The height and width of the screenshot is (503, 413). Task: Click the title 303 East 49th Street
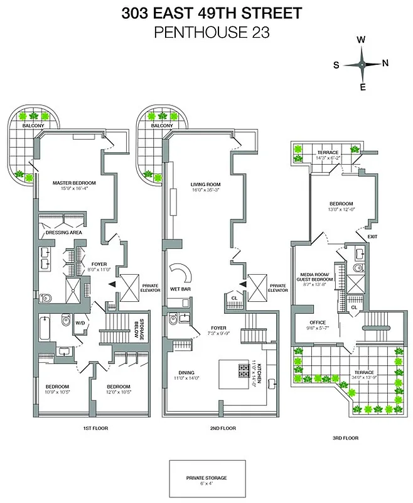click(x=206, y=13)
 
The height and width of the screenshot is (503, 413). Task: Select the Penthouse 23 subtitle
click(x=206, y=33)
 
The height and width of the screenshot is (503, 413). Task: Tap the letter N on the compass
click(x=385, y=63)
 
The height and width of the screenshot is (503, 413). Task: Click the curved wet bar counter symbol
click(x=182, y=272)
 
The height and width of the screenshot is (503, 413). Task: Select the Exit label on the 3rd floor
click(x=372, y=236)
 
